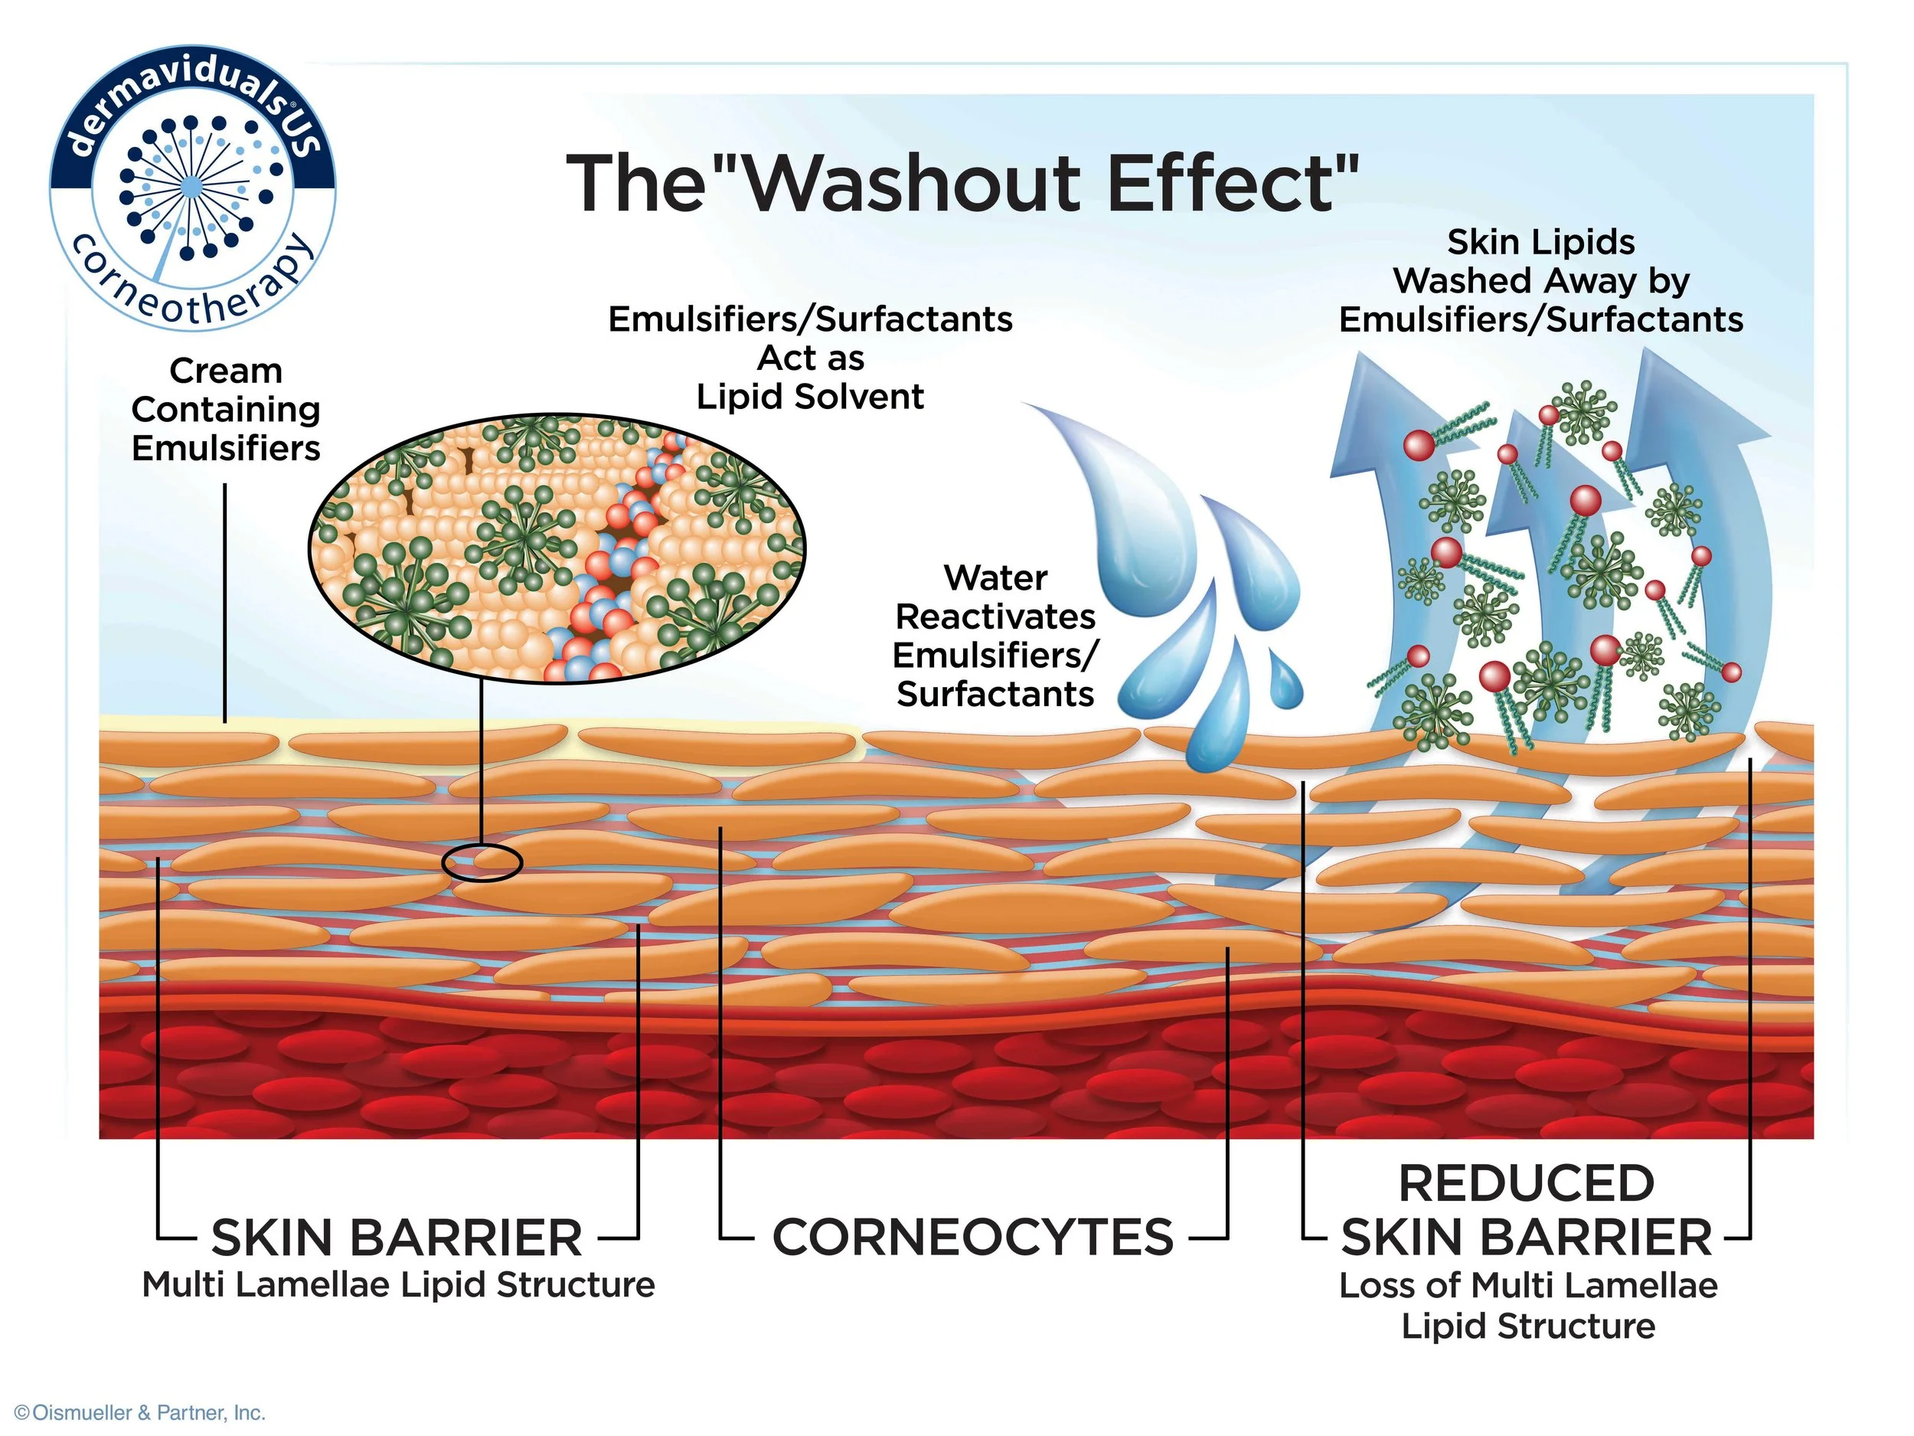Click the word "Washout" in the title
click(911, 184)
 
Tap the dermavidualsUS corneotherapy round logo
click(193, 188)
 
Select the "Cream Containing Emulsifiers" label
click(226, 410)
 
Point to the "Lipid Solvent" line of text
click(810, 397)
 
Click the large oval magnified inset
click(557, 547)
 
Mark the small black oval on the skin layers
click(482, 862)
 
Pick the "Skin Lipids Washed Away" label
click(1541, 261)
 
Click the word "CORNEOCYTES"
click(972, 1237)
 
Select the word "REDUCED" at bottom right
click(1527, 1183)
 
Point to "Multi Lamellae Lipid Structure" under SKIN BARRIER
click(398, 1284)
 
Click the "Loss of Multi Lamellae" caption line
click(1528, 1285)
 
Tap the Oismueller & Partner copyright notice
click(140, 1412)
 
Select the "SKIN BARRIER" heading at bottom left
click(397, 1237)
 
